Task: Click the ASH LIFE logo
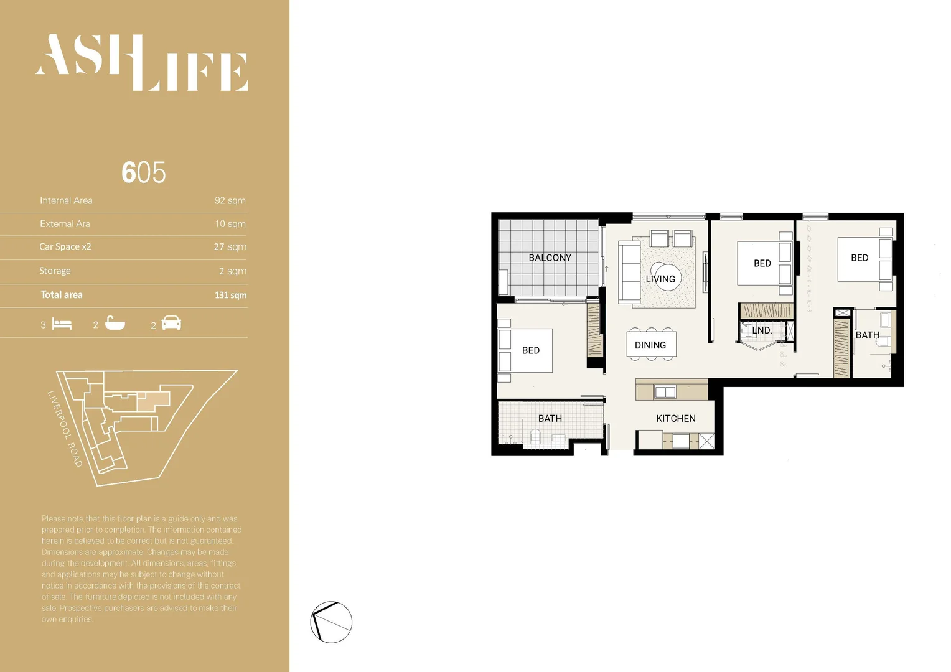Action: [142, 62]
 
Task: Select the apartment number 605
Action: [144, 172]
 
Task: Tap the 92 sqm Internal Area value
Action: [230, 200]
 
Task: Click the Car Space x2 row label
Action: [65, 246]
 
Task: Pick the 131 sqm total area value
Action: [230, 295]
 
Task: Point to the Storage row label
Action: [55, 271]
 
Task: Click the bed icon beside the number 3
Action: [62, 324]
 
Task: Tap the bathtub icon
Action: [115, 323]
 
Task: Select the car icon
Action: [171, 323]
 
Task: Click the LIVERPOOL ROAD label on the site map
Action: [65, 428]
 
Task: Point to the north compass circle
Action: [331, 622]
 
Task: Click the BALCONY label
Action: [550, 258]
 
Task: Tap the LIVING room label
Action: [660, 279]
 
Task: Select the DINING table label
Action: [650, 345]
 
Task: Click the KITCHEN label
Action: [676, 418]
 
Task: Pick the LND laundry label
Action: [762, 330]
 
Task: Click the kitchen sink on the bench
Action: [665, 392]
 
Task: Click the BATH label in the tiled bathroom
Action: [550, 418]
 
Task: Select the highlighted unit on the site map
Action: [152, 401]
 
